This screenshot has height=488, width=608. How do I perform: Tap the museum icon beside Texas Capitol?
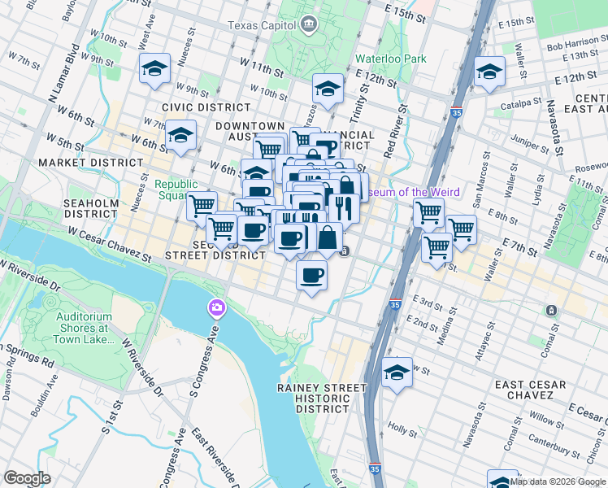(x=309, y=25)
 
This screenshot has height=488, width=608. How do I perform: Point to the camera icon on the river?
(x=216, y=307)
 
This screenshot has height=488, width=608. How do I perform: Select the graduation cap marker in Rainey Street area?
(x=397, y=373)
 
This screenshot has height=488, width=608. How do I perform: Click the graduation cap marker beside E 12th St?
(x=489, y=72)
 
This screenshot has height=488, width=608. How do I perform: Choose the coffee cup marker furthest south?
(x=312, y=276)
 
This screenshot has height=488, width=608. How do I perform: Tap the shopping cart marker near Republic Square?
(x=202, y=205)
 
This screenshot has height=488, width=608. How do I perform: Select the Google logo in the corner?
(x=27, y=478)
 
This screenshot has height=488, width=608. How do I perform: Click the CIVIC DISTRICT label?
(x=206, y=107)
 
